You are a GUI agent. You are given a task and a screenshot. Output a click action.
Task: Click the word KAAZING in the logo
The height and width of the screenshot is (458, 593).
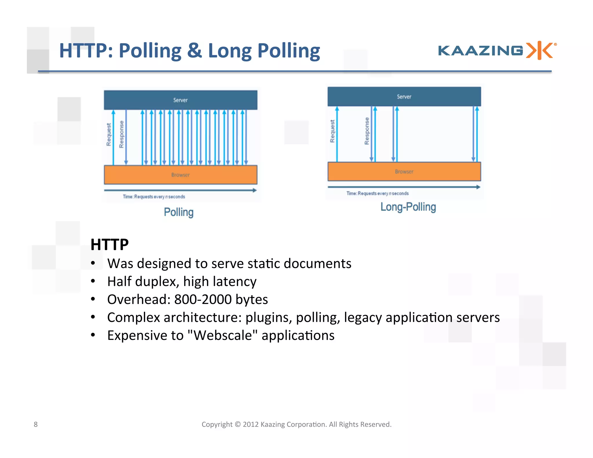coord(480,51)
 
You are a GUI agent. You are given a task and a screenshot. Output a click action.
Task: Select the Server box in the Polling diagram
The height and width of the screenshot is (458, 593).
coord(180,100)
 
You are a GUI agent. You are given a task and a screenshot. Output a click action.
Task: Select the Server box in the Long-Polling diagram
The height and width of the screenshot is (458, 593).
coord(404,96)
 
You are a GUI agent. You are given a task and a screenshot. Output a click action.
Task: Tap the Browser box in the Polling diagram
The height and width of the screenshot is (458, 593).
coord(180,175)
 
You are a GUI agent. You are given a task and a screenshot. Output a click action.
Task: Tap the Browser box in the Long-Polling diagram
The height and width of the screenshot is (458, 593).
coord(404,171)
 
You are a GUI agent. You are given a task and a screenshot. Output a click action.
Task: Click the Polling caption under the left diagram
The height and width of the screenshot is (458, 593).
coord(179,212)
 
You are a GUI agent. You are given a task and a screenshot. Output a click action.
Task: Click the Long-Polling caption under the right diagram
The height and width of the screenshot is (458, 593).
coord(408,207)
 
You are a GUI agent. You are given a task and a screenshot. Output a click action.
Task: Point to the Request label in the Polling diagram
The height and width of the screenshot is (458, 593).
coord(109,134)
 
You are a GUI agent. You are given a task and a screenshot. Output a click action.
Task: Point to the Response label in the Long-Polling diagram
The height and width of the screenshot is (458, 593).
coord(367,131)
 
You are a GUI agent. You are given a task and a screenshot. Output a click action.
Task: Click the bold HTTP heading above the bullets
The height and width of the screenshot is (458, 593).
coord(109,244)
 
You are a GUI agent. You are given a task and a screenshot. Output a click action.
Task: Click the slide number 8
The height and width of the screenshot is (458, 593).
coord(36,424)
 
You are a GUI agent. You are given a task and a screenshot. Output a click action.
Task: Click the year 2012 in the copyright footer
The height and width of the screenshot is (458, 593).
coord(250,424)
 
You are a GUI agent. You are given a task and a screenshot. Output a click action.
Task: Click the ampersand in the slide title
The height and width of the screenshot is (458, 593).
coord(194,50)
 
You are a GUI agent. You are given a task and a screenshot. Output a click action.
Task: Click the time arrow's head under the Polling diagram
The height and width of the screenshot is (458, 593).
coord(255,190)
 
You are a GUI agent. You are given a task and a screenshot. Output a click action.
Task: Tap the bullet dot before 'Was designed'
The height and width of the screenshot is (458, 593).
coord(93,263)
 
